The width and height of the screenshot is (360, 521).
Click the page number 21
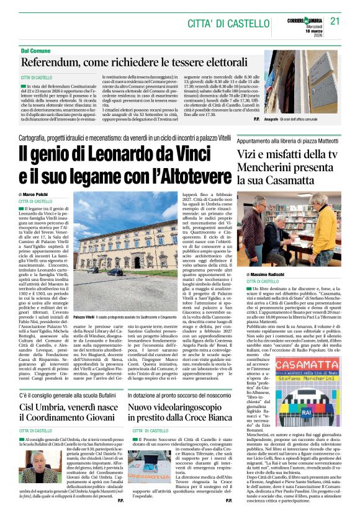[335, 20]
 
